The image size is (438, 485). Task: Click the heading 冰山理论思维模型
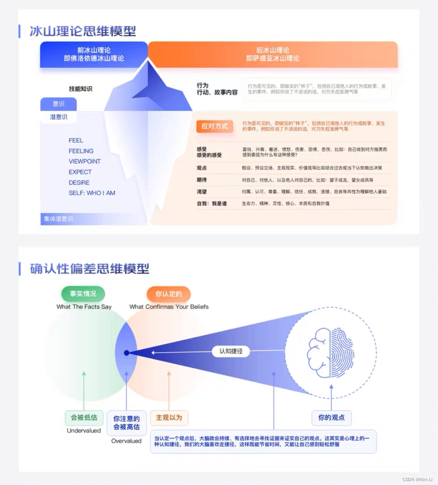point(83,31)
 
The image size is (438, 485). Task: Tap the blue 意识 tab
point(58,104)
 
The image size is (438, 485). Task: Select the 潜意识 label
point(58,117)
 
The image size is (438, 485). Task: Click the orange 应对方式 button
point(215,126)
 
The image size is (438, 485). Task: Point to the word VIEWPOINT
point(84,161)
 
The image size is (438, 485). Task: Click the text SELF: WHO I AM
point(92,193)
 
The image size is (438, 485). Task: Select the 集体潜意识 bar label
point(58,219)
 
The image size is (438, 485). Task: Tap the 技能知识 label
point(81,89)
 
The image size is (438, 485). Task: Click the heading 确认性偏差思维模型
point(90,269)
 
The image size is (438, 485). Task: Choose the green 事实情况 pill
point(83,294)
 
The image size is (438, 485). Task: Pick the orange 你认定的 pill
point(169,294)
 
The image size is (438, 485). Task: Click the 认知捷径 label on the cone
point(231,351)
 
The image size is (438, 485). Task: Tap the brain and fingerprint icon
point(331,353)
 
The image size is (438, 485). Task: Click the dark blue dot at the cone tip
point(127,353)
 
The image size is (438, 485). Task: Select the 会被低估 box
point(84,417)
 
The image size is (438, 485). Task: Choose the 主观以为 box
point(169,417)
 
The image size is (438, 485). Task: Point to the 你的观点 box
point(331,417)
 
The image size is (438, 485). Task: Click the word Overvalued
point(126,441)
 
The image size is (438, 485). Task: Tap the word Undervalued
point(84,431)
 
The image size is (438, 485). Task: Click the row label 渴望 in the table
point(202,192)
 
